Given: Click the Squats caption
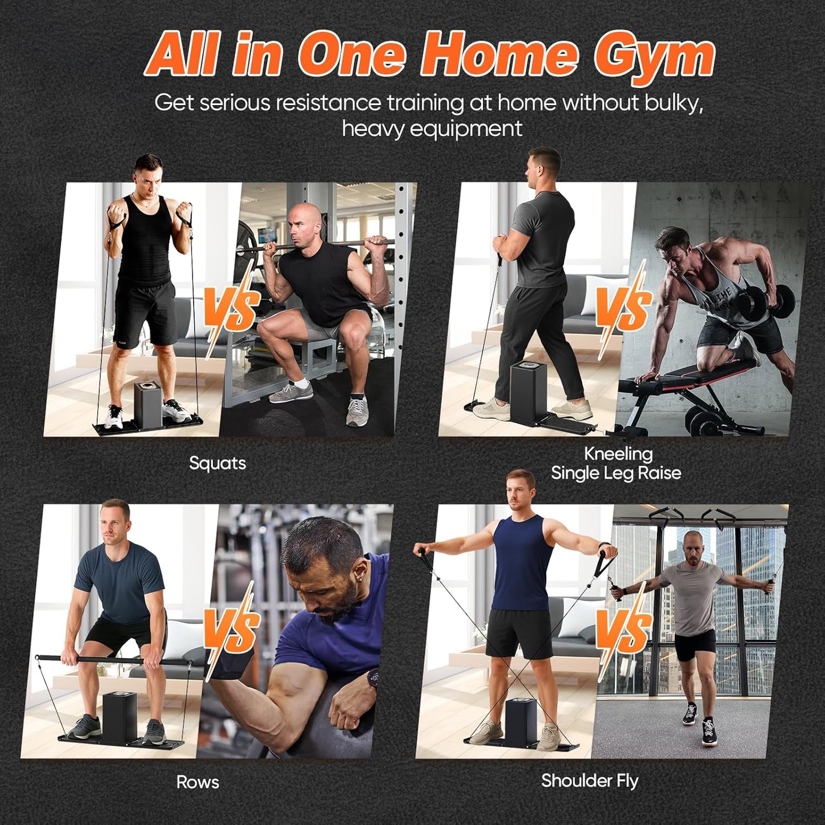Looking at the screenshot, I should (x=217, y=463).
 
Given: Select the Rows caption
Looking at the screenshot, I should (x=198, y=782).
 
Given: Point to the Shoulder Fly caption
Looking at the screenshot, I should (x=589, y=780).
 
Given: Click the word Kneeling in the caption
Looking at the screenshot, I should (x=618, y=454).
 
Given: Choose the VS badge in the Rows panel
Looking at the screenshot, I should (x=231, y=631).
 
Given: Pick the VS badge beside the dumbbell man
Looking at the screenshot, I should (x=623, y=308).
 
